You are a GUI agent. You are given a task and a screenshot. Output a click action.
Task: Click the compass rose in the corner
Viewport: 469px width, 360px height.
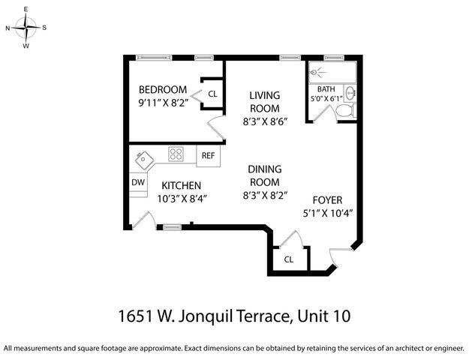click(26, 28)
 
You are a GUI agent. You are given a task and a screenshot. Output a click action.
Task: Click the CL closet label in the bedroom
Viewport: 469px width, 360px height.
click(212, 94)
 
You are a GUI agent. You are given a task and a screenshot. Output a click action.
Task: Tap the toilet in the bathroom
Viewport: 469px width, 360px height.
click(344, 111)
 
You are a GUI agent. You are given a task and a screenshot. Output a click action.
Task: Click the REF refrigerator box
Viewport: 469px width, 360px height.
click(208, 156)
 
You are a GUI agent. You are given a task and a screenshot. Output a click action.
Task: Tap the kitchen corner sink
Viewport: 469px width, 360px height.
click(143, 159)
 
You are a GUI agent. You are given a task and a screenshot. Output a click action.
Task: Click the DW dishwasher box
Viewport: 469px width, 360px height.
click(138, 182)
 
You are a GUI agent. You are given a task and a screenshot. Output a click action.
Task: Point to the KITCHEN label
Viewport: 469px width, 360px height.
click(181, 185)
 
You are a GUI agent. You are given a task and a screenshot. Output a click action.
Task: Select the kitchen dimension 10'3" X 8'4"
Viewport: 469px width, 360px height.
click(181, 199)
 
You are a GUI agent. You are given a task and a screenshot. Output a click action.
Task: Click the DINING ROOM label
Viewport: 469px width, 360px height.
click(264, 175)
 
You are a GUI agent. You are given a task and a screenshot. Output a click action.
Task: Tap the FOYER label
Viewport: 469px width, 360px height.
click(327, 200)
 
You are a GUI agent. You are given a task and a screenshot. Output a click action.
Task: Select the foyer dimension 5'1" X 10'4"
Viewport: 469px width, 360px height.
click(327, 213)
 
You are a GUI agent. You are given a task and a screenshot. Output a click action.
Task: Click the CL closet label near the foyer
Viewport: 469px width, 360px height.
click(288, 259)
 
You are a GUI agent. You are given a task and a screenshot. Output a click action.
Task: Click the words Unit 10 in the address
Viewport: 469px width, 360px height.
click(323, 316)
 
